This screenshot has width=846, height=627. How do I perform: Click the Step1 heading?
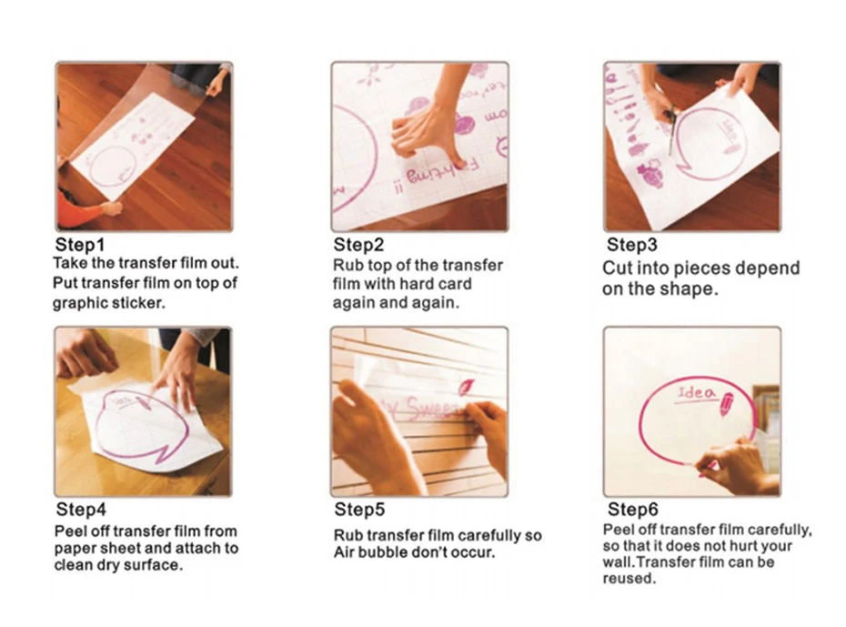79,245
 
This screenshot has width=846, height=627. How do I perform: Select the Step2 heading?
358,245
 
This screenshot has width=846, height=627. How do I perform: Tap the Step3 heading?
632,245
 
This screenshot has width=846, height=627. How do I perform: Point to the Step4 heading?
81,509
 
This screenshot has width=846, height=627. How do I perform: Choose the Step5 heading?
359,509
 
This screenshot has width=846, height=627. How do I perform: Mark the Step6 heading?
633,509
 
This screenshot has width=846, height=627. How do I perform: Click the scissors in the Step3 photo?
670,130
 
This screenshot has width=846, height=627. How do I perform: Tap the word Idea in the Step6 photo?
697,393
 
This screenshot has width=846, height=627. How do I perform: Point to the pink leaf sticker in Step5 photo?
466,387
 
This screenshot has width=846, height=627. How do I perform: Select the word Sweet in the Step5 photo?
431,409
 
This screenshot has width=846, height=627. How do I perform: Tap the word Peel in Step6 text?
619,530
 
